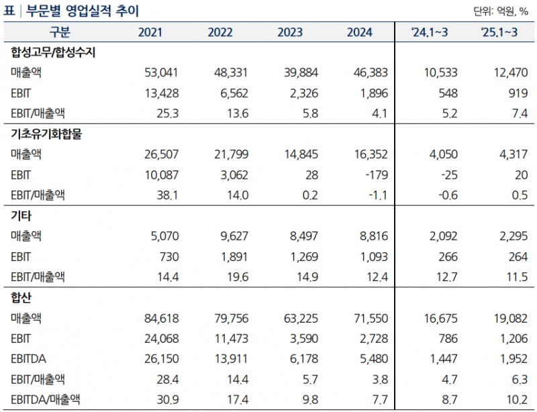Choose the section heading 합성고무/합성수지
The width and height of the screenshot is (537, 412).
(54, 53)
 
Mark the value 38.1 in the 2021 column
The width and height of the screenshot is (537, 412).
(167, 195)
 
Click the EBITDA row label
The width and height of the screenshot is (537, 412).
(29, 358)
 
